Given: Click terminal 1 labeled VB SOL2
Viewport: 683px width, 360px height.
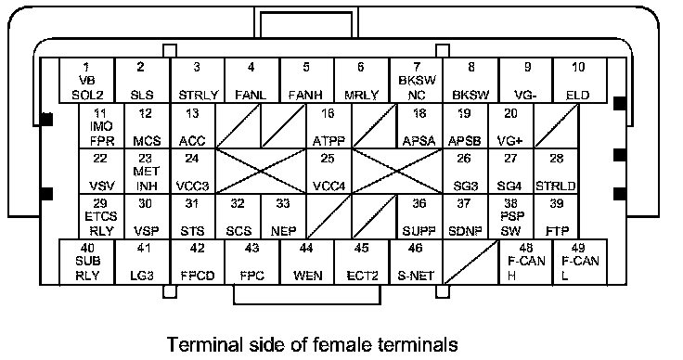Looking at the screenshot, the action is click(86, 81).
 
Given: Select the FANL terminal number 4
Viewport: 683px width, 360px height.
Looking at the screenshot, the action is click(251, 81).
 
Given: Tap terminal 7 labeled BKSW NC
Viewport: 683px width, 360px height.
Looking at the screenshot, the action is click(416, 81).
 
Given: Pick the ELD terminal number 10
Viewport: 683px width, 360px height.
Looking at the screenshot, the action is click(579, 81).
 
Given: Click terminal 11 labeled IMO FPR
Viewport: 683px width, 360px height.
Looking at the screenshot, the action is click(101, 126).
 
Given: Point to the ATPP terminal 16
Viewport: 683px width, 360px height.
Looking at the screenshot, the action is click(329, 126).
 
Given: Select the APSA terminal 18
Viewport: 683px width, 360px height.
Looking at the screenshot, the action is click(419, 126).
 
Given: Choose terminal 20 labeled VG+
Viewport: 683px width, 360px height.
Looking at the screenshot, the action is click(510, 126).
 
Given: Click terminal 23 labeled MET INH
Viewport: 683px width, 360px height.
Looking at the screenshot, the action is click(148, 172).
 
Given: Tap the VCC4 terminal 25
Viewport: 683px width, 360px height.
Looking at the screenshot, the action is click(329, 172).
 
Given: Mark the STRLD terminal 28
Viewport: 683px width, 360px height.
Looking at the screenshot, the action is click(556, 172).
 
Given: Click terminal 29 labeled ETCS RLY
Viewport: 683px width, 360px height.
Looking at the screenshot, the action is click(101, 217).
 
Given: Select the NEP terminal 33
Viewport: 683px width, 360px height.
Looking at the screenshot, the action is click(284, 217).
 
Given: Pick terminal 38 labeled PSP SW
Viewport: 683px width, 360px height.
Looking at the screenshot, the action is click(510, 217).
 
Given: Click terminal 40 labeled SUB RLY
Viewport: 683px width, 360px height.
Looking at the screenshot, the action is click(86, 262).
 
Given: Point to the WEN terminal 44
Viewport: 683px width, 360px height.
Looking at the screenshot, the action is click(307, 262).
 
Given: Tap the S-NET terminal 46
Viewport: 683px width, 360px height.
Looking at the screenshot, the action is click(416, 262).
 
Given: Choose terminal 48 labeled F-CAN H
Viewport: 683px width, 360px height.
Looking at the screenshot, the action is click(526, 262).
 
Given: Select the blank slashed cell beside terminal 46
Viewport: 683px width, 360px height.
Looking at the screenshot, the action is click(470, 262).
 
